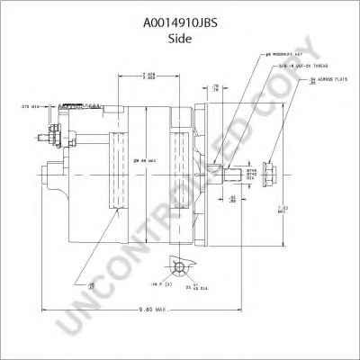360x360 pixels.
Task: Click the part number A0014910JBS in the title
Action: (179, 13)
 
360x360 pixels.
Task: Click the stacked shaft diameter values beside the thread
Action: (252, 173)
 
